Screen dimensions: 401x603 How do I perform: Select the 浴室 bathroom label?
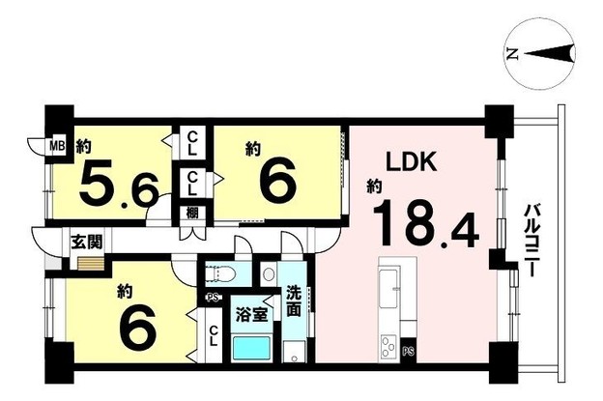(251, 314)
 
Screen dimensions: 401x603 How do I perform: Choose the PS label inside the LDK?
(407, 350)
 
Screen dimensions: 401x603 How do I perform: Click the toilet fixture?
(218, 273)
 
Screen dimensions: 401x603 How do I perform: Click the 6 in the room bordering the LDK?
(277, 180)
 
